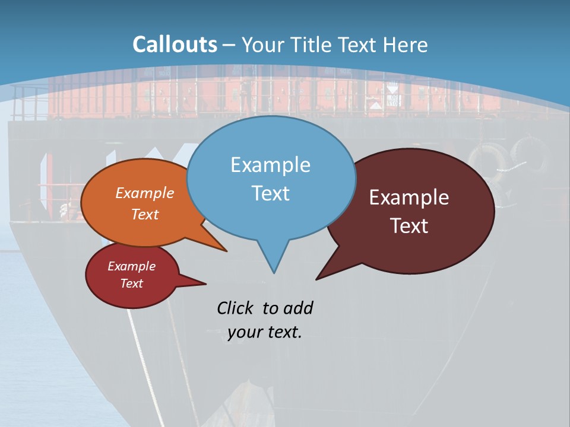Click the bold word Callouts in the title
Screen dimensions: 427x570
(x=175, y=44)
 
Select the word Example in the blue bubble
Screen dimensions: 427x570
(x=270, y=165)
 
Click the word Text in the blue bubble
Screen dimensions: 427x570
(x=270, y=193)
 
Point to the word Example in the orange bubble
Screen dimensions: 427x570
(x=145, y=193)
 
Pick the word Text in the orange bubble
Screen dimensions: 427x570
(x=145, y=214)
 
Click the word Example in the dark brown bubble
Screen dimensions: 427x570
(x=409, y=197)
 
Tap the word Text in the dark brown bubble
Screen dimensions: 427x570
(x=409, y=226)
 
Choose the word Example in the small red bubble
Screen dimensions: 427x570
(x=131, y=266)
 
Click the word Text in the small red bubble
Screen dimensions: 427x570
(x=131, y=283)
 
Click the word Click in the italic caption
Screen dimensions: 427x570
(x=236, y=308)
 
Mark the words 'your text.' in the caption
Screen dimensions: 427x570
(x=265, y=333)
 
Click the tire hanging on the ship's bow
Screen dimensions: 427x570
(x=487, y=159)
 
